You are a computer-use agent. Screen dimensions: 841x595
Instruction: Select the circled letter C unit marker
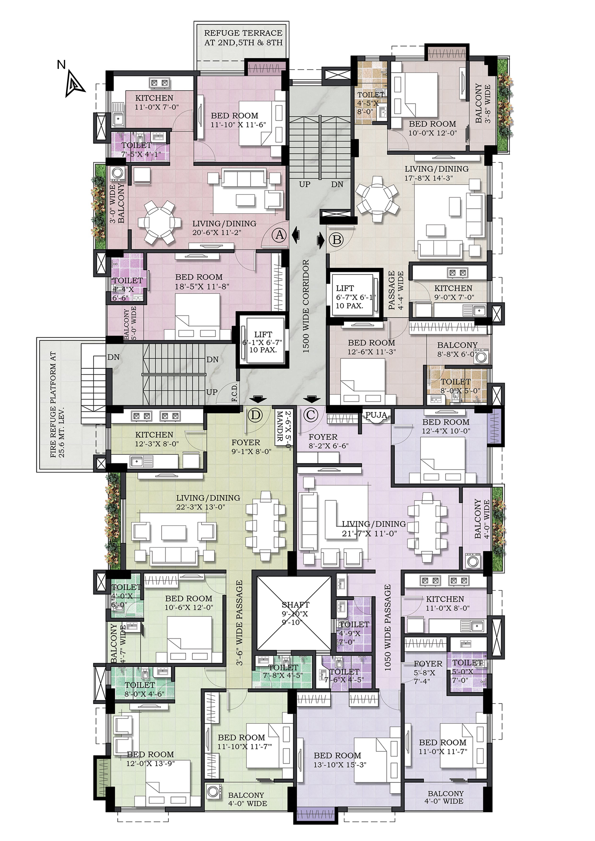tap(311, 415)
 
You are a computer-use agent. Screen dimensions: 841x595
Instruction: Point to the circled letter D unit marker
tap(256, 415)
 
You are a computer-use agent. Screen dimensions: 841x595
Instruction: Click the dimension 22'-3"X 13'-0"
tap(201, 507)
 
